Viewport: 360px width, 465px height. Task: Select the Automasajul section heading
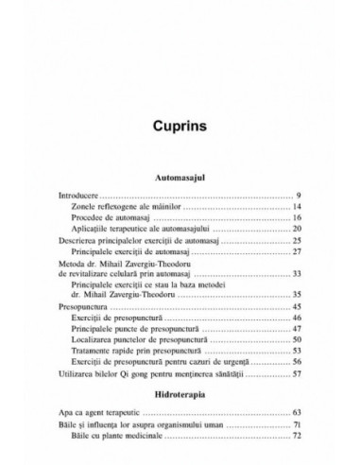point(180,176)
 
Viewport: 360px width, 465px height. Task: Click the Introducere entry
point(80,194)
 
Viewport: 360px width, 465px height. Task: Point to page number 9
point(298,194)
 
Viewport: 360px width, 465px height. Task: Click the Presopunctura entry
point(86,308)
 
